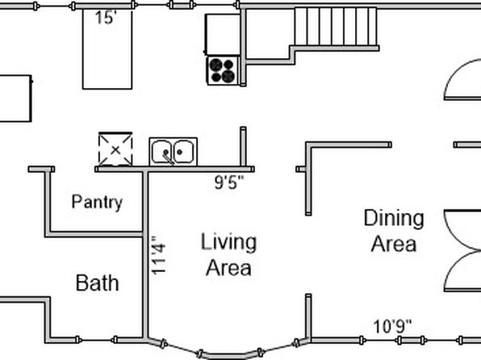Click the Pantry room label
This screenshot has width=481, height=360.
point(97,203)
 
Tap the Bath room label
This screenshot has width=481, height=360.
point(97,283)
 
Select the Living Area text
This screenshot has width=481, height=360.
point(228,255)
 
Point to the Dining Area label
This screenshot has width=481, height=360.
point(394,231)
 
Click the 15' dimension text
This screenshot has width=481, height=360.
point(106,18)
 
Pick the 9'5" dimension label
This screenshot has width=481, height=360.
point(229,182)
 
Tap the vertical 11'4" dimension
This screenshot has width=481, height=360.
point(159,255)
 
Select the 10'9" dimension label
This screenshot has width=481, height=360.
point(392,327)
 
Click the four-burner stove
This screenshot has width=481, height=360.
point(223,70)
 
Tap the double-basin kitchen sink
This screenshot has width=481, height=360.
point(174,152)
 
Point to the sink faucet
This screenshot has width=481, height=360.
point(168,157)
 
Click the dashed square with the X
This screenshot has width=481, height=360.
point(115,149)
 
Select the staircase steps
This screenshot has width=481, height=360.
point(336,27)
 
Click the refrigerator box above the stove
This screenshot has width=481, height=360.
point(223,35)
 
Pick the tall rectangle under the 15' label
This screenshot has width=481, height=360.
point(107,49)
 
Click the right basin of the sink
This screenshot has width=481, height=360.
point(183,152)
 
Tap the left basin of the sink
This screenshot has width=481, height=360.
point(161,152)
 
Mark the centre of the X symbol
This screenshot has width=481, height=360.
point(115,150)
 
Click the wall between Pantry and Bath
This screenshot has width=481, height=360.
point(94,235)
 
